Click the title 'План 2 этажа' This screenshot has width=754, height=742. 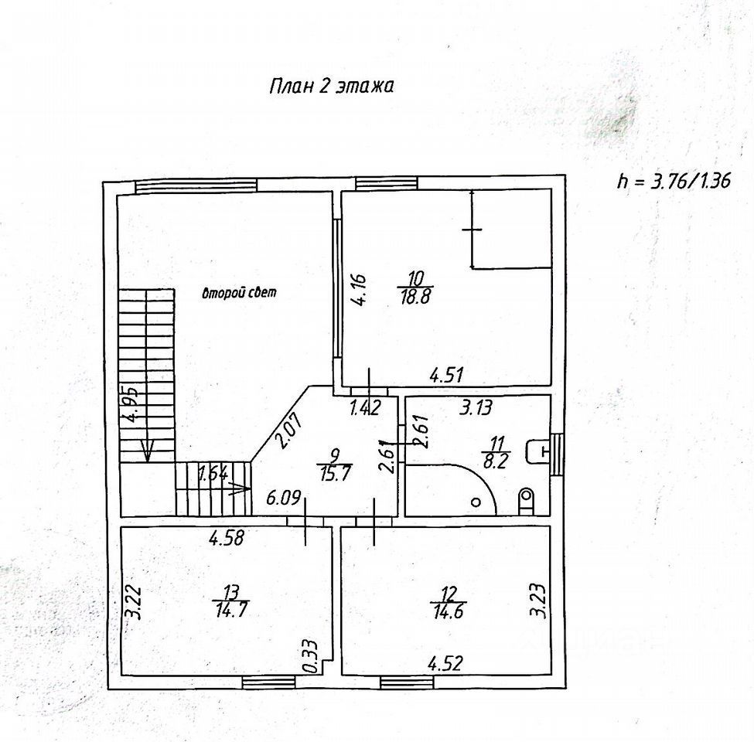pyautogui.click(x=331, y=86)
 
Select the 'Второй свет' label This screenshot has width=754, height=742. pyautogui.click(x=239, y=293)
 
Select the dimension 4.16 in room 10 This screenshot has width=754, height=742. pyautogui.click(x=365, y=291)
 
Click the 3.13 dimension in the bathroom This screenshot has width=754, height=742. pyautogui.click(x=477, y=407)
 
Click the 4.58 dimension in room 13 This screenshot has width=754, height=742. pyautogui.click(x=227, y=538)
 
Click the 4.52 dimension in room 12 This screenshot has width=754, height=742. pyautogui.click(x=445, y=662)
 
